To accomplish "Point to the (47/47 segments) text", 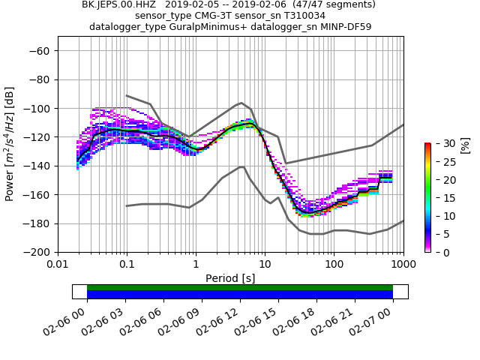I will (x=330, y=4).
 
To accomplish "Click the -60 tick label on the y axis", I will (x=39, y=50).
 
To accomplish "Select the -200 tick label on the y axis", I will (x=36, y=252).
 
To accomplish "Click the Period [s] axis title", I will (x=230, y=278).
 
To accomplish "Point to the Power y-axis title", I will (x=10, y=151).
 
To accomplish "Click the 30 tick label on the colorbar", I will (x=441, y=143).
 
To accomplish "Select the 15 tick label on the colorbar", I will (x=441, y=198).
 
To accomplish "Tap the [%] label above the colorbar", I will (x=465, y=144).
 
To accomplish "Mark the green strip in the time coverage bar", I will (x=240, y=287).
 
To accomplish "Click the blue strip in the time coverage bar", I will (x=240, y=295).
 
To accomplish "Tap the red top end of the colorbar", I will (x=427, y=145).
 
